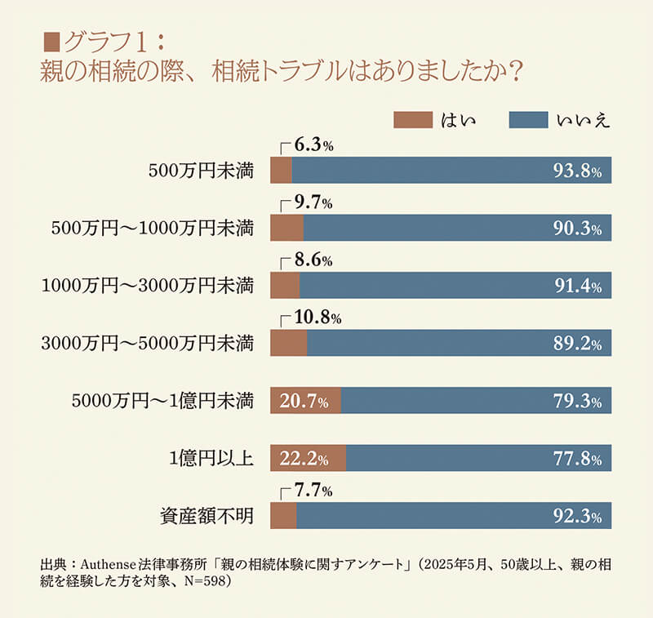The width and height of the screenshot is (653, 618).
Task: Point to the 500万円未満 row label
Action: [x=201, y=171]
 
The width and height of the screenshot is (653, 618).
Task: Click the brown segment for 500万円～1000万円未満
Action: [x=287, y=229]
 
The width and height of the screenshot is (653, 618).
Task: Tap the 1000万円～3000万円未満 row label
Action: [x=148, y=287]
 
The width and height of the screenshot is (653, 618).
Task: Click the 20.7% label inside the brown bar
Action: [x=304, y=402]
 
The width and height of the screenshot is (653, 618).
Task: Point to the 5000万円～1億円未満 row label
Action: [x=162, y=402]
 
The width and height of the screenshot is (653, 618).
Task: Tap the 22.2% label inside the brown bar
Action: [x=304, y=459]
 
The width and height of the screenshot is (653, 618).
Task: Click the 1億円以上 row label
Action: [x=211, y=459]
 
